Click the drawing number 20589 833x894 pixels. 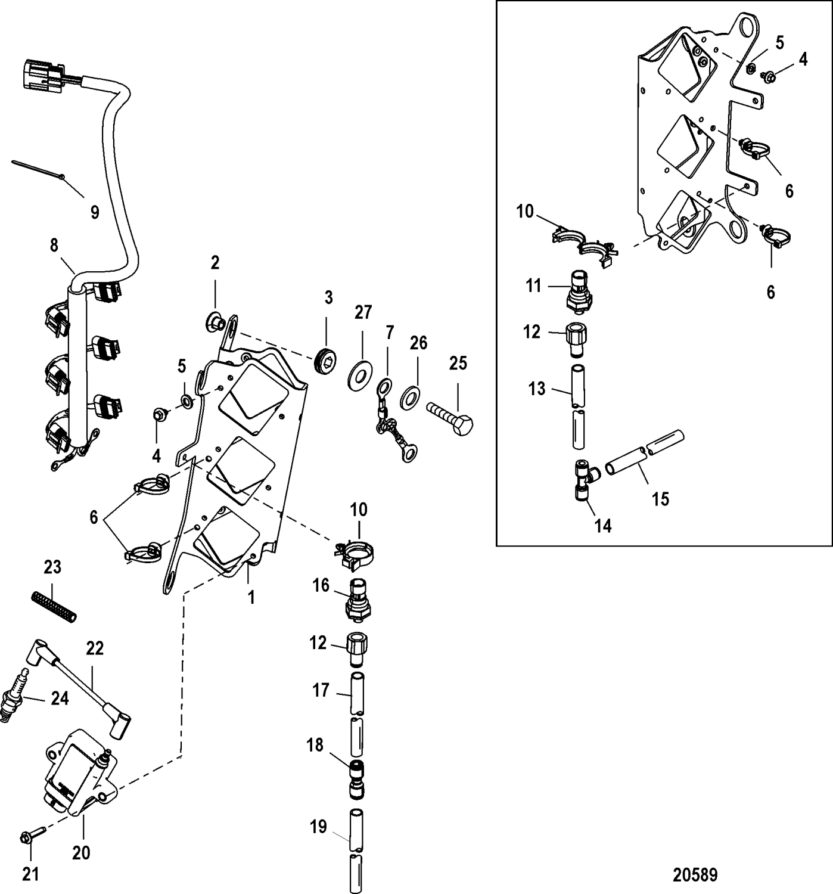coord(695,875)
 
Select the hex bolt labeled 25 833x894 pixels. coord(450,417)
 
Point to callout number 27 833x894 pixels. coord(363,312)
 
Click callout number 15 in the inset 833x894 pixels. coord(660,498)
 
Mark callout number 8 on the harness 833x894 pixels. coord(54,245)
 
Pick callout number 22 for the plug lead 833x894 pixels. coord(95,648)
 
